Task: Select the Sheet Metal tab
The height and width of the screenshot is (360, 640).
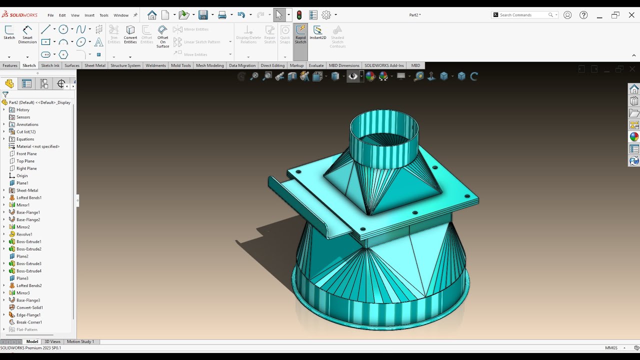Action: (94, 65)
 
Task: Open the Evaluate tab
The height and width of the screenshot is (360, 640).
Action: (316, 65)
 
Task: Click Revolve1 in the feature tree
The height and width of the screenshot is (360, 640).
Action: (24, 234)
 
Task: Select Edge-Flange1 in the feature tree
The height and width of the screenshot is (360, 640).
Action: (28, 315)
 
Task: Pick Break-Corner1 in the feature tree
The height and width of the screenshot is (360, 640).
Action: (29, 322)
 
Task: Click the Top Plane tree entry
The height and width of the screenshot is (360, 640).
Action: (25, 161)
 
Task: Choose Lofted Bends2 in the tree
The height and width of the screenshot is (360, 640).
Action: (29, 285)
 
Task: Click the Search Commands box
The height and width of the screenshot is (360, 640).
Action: (522, 15)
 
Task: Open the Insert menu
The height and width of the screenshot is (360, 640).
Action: (89, 15)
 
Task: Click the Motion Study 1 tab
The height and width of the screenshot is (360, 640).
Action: (80, 341)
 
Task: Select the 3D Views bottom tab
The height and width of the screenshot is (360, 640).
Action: (52, 341)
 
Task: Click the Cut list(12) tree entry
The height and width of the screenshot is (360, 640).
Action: (26, 131)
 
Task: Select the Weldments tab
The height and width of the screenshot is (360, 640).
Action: (155, 65)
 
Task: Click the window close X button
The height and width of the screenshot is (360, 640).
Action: (631, 15)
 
